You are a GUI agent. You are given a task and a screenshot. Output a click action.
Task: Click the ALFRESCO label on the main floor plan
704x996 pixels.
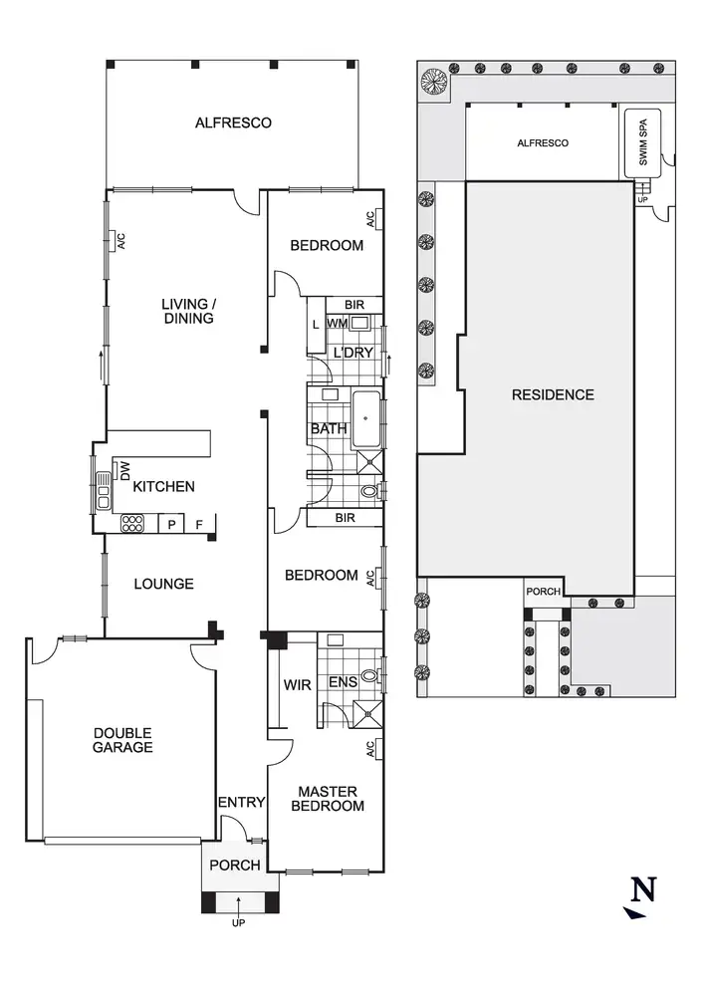[x=233, y=124]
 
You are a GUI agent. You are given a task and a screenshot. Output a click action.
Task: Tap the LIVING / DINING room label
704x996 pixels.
[x=189, y=311]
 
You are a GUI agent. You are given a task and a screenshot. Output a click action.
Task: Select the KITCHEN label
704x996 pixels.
[x=164, y=487]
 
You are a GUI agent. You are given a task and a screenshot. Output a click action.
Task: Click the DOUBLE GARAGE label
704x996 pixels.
[x=123, y=740]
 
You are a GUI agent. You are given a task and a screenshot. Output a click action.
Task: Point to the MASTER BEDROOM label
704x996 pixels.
[x=328, y=799]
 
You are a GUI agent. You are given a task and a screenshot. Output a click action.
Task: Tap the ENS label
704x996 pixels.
[x=344, y=683]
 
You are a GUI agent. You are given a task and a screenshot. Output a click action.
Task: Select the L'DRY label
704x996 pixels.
[x=353, y=353]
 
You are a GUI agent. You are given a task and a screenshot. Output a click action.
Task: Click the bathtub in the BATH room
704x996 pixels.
[x=365, y=417]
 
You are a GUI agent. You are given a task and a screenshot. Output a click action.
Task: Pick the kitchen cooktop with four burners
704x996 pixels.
[x=133, y=524]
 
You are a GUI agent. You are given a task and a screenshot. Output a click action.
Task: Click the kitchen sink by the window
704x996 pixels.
[x=103, y=484]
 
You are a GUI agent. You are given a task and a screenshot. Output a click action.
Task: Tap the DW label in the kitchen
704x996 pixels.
[x=125, y=469]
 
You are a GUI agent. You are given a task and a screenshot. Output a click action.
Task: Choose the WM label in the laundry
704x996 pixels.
[x=337, y=323]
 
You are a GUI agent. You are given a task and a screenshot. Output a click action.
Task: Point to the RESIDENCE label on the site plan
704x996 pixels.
[x=553, y=394]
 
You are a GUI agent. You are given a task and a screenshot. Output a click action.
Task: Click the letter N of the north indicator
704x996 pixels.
[x=645, y=888]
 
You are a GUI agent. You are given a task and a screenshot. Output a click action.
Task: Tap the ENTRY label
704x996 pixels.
[x=242, y=803]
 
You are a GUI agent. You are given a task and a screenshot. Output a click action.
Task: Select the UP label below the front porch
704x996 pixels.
[x=238, y=922]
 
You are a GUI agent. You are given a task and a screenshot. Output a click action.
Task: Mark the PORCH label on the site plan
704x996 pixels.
[x=544, y=591]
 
